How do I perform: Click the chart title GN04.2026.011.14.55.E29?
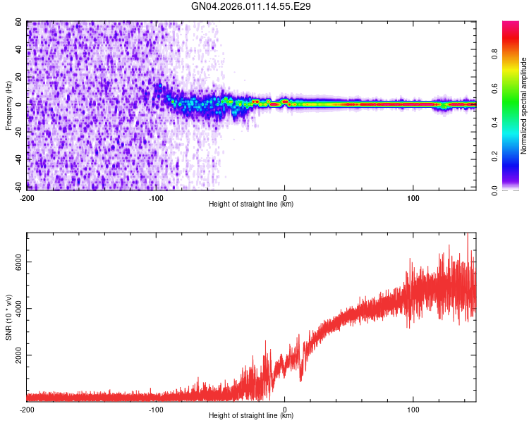252,6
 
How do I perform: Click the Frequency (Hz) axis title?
8,105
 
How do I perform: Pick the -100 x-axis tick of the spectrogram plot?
156,197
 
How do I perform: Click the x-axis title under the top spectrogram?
251,204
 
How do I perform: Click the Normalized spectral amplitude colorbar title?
523,106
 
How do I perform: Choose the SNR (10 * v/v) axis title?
9,317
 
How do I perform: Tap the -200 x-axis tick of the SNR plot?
27,409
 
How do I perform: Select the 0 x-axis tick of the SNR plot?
285,409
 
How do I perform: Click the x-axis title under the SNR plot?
251,417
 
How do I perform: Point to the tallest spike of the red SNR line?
467,235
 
